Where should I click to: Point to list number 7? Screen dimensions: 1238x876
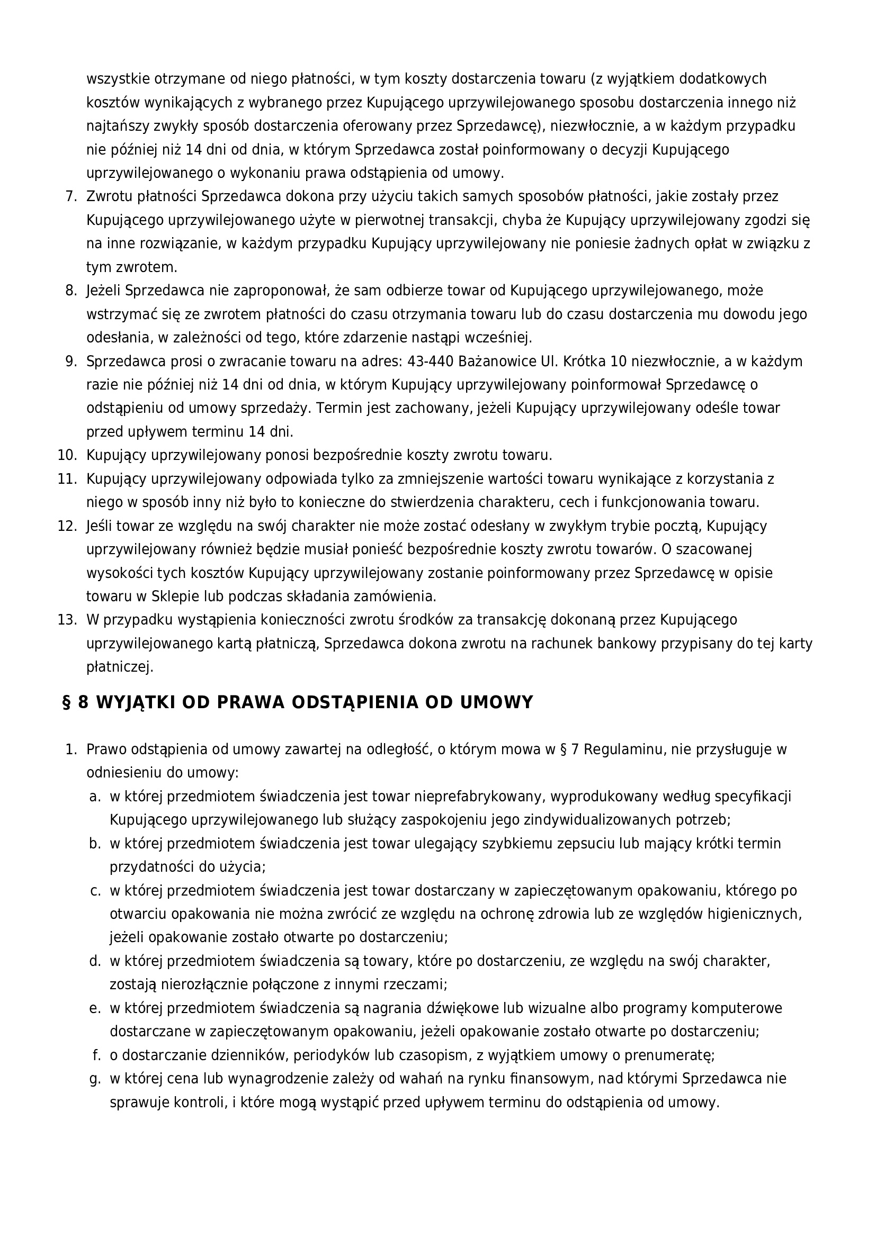71,197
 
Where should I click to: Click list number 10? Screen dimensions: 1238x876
68,456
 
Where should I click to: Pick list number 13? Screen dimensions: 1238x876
68,620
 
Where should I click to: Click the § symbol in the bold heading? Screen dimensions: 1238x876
67,702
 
